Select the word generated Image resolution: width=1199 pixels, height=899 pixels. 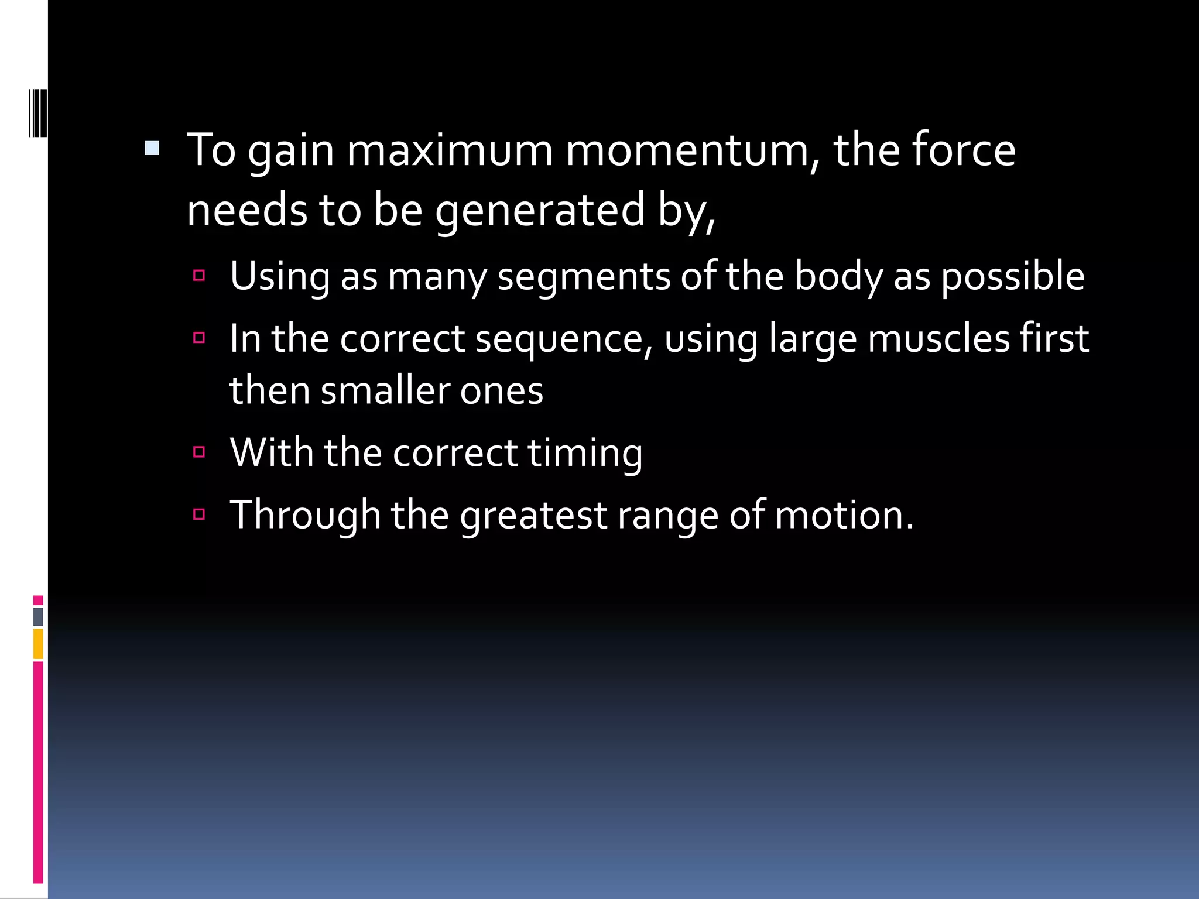click(x=540, y=211)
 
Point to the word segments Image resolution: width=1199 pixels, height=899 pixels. click(x=584, y=277)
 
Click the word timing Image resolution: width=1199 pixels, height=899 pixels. click(x=585, y=454)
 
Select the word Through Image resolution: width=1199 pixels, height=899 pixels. click(x=305, y=516)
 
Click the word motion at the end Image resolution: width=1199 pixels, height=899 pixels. click(x=844, y=516)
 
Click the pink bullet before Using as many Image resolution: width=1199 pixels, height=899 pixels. click(x=199, y=275)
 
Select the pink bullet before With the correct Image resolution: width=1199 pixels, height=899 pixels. click(x=199, y=452)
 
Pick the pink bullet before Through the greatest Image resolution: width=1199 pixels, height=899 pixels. click(x=199, y=514)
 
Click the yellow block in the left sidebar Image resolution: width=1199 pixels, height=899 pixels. click(x=38, y=644)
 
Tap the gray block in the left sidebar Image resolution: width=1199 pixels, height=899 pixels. click(x=38, y=617)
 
